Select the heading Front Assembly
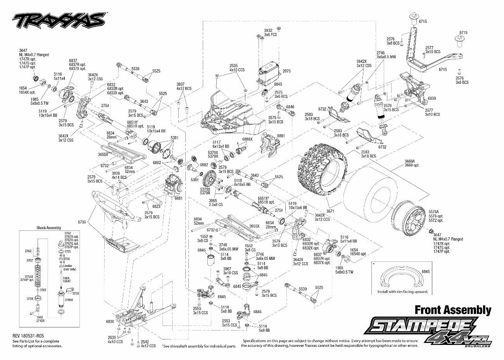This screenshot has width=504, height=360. point(453,310)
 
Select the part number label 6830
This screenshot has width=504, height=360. point(110,322)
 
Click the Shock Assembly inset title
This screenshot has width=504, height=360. point(49,228)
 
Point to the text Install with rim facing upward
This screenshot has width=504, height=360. point(402,292)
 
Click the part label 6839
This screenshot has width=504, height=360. point(432,98)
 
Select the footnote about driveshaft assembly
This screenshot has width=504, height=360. point(199,346)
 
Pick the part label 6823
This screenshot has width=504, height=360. point(157,206)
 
